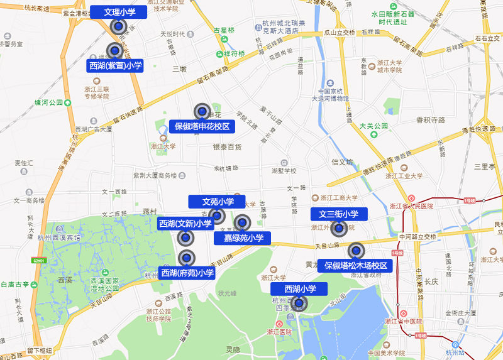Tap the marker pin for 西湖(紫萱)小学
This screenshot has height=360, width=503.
114,50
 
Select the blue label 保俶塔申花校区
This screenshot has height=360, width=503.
202,126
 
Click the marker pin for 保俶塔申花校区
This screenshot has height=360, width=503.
202,111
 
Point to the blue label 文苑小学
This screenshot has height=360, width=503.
217,202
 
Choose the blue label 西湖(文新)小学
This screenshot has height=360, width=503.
185,224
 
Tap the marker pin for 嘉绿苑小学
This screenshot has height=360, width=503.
243,222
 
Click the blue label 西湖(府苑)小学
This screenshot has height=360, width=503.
187,273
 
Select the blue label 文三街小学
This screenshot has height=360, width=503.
338,214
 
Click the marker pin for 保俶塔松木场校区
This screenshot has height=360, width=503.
356,251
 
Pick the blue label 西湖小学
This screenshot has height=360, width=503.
299,289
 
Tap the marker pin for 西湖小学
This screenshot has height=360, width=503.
299,304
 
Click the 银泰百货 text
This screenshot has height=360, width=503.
226,147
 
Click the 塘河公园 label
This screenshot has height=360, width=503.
48,102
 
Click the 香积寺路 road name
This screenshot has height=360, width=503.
430,119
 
